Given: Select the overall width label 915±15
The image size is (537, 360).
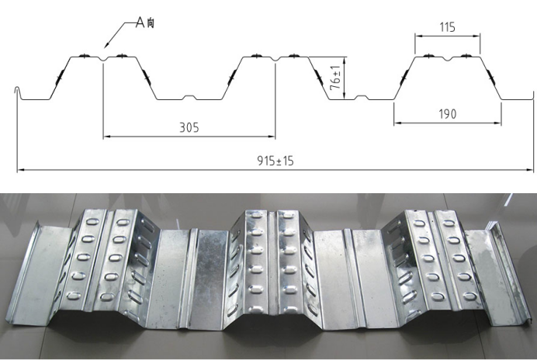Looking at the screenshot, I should coord(275,161).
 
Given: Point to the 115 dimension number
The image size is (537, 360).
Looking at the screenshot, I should coord(446,27).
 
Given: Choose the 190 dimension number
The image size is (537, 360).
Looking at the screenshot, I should coord(446,114).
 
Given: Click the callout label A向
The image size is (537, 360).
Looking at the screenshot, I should coord(144,23).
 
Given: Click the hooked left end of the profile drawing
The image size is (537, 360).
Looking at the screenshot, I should coord(16,92).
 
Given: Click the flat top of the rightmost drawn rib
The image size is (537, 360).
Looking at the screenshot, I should coord(446,57).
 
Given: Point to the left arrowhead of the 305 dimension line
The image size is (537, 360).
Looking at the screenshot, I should coord(105,137).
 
